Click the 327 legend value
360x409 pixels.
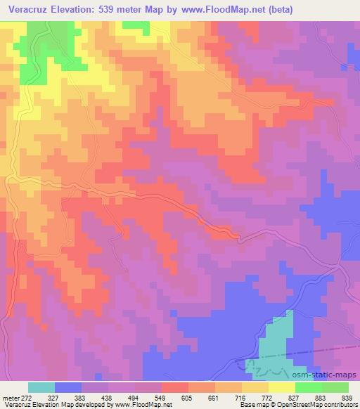point(69,398)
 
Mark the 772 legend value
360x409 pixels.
point(285,398)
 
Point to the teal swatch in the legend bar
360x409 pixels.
point(41,387)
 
